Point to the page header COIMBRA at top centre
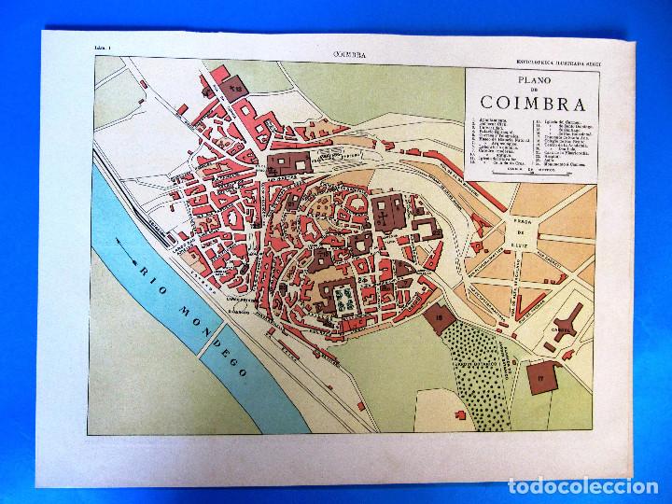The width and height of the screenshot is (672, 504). coord(348,55)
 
